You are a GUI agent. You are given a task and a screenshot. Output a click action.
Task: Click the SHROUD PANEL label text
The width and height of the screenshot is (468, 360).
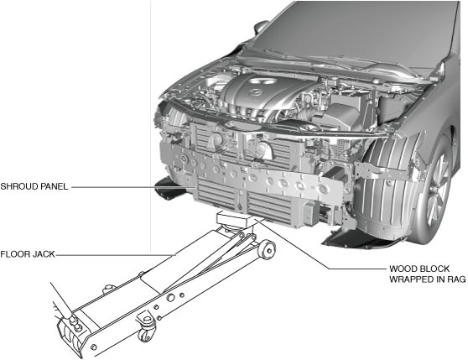[34, 186]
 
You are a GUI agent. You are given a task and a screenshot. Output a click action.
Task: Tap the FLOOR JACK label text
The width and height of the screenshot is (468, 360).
[28, 254]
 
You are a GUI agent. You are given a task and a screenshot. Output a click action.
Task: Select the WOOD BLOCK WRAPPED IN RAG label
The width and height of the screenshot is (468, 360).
[428, 274]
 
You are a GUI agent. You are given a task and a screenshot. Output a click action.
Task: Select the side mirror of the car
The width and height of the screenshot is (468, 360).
[262, 28]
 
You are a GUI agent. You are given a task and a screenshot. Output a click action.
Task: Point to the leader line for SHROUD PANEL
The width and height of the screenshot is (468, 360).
[133, 187]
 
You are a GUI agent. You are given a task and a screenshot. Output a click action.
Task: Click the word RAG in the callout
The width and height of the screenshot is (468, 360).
[456, 279]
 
